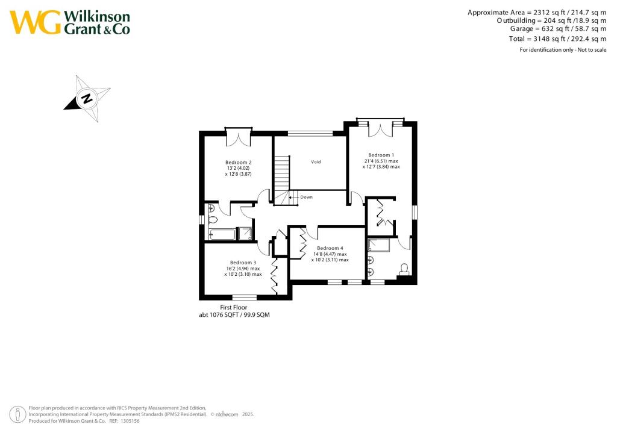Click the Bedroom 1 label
(x=381, y=154)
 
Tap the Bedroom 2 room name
(x=238, y=163)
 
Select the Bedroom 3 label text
(x=242, y=263)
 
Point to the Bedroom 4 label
(x=330, y=248)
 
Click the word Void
(x=316, y=162)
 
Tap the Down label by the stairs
(x=306, y=197)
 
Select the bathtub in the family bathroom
(x=222, y=234)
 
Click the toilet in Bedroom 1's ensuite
(x=404, y=269)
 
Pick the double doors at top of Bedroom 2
(x=238, y=138)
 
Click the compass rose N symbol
(x=87, y=98)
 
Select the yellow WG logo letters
(x=35, y=23)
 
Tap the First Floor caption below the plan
(x=233, y=307)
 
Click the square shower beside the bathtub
(x=245, y=234)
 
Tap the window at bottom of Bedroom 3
(x=243, y=297)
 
